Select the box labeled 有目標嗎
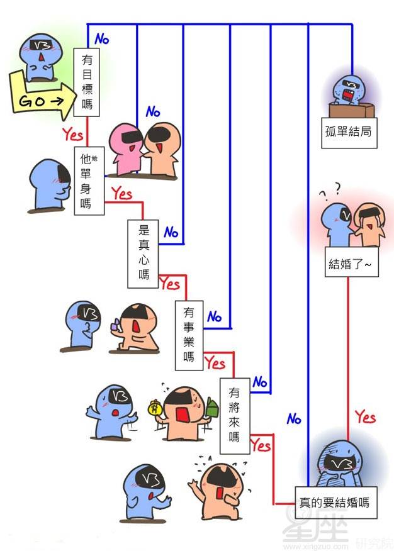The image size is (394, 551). [86, 82]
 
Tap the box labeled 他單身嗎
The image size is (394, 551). [89, 181]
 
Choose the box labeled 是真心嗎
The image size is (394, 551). [143, 253]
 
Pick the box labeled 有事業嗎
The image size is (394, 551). [189, 335]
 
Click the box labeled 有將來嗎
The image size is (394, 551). [235, 416]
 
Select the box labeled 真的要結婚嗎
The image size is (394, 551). [335, 503]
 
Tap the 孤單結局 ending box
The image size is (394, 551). [349, 133]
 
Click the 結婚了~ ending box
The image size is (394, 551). [351, 262]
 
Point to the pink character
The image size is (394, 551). [127, 149]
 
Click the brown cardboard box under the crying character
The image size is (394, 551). [351, 109]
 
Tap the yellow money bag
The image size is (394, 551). [154, 409]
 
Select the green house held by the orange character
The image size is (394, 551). [212, 407]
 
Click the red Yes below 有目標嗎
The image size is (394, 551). [73, 134]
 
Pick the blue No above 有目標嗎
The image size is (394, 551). [102, 38]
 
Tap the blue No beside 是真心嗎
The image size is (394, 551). [171, 232]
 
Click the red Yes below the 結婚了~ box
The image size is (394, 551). [365, 417]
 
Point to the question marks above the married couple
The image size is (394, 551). [331, 190]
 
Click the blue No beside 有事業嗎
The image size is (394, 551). [215, 316]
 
